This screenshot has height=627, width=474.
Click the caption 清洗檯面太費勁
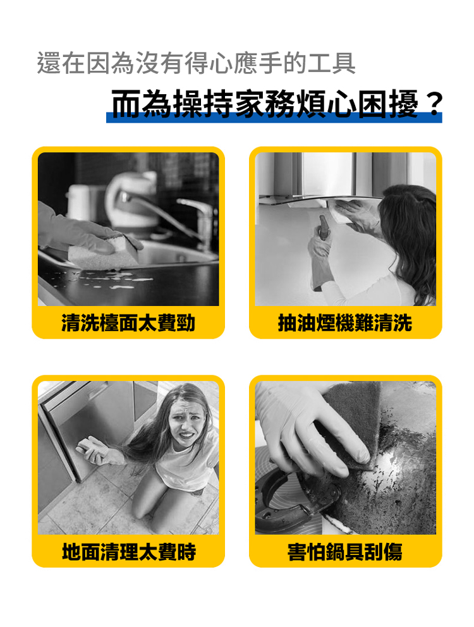tap(128, 324)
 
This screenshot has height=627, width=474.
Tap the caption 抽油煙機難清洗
tap(345, 324)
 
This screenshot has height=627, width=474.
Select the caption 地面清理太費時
tap(128, 552)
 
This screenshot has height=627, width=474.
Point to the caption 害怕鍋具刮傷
tap(345, 552)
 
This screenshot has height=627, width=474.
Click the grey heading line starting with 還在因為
tap(196, 64)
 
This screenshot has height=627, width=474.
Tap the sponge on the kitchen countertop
tap(104, 252)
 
